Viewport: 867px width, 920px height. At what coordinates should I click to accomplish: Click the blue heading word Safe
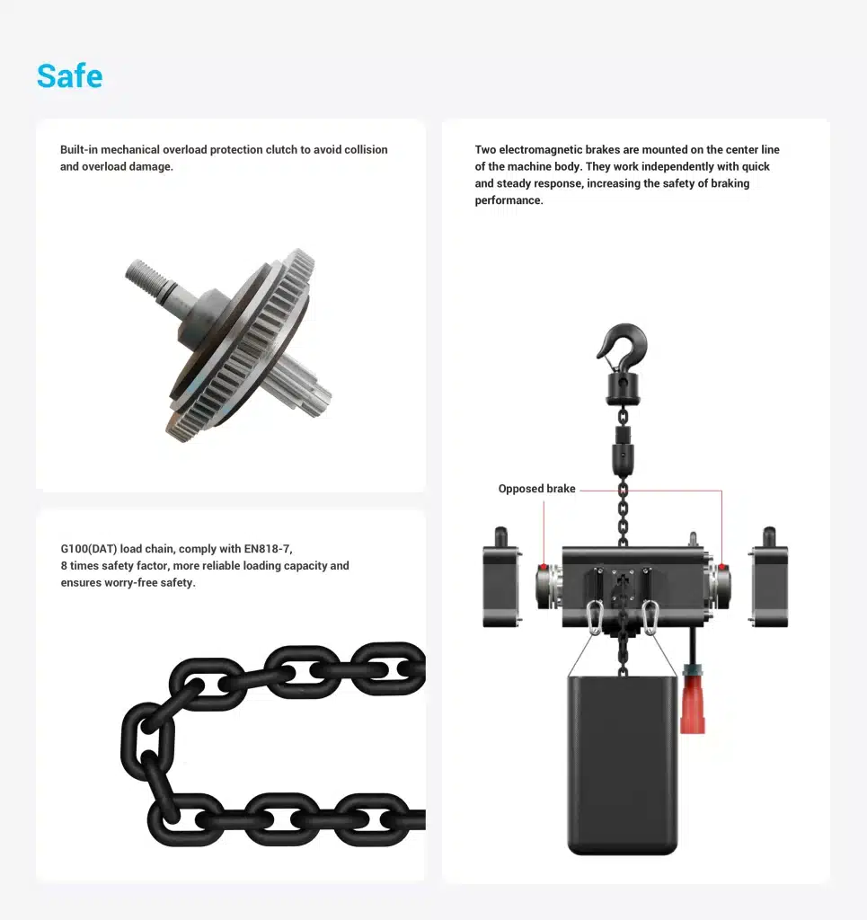70,75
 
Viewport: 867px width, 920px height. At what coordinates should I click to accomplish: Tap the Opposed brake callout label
536,489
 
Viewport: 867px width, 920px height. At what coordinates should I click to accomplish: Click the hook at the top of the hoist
624,345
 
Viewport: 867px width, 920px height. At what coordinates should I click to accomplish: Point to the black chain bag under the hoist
623,765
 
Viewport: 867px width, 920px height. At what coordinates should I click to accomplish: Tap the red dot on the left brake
544,567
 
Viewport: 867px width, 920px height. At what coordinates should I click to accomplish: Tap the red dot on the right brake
722,567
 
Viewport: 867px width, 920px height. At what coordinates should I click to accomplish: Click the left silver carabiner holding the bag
595,617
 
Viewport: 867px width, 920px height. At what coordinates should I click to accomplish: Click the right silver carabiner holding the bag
650,617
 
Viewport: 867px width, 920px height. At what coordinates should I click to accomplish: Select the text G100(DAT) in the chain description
89,549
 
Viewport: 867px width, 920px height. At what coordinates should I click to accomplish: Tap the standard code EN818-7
267,549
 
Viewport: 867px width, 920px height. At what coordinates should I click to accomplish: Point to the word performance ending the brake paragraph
508,200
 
